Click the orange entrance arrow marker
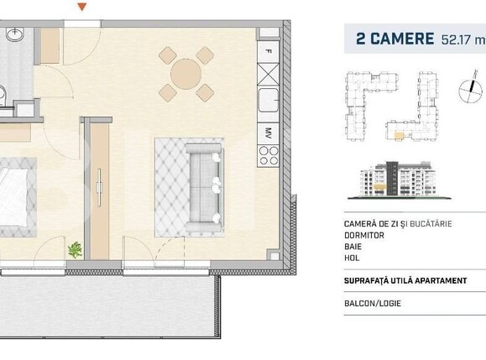[x=81, y=7]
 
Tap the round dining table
[x=186, y=74]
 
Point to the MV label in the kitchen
[x=268, y=132]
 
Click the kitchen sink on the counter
[x=269, y=102]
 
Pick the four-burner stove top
[x=269, y=154]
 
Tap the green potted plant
[x=75, y=249]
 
